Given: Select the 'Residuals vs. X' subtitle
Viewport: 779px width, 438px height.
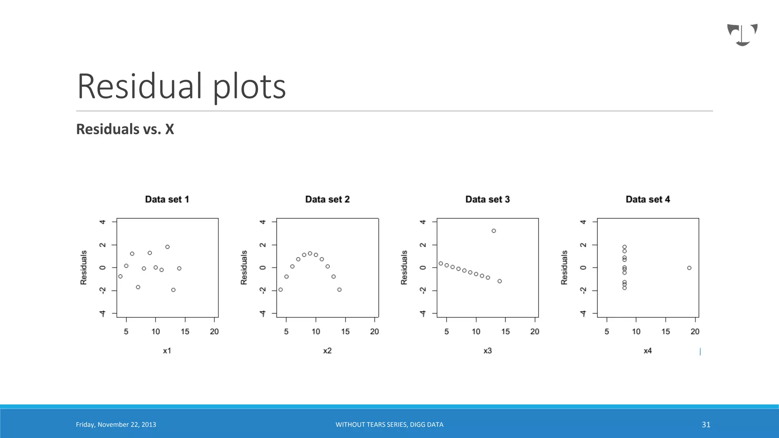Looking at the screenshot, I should tap(125, 129).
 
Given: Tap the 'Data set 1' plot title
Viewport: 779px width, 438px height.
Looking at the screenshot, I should tap(167, 199).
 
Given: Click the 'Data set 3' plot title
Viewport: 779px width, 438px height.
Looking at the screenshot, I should tap(487, 199).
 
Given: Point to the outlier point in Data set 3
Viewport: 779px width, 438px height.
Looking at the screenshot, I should tap(494, 231).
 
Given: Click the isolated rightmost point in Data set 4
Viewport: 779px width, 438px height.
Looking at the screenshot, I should tap(689, 268).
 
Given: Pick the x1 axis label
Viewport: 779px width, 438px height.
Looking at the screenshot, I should tap(167, 351).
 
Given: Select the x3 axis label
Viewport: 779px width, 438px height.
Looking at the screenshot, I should tap(487, 351).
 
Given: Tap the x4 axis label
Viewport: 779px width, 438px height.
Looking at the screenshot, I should tap(647, 351).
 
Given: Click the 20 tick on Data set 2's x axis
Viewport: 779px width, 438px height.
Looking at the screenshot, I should tap(374, 332).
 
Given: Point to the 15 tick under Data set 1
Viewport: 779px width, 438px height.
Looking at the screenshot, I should tap(185, 332).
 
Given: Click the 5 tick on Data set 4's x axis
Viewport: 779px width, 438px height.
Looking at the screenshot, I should tap(607, 332).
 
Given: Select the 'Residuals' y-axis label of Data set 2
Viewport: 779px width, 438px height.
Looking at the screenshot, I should tap(244, 267).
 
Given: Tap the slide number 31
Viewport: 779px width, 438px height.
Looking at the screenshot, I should tap(706, 425).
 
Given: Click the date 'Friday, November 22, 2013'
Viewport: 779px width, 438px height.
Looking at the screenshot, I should tap(116, 425).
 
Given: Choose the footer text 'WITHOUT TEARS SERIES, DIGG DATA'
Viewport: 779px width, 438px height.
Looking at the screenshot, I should tap(389, 425).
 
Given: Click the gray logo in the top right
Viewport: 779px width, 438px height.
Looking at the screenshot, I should tap(742, 35).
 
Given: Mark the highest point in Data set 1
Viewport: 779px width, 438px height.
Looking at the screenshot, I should tap(167, 247).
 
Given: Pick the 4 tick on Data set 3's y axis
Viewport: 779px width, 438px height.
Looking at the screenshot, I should tap(423, 222).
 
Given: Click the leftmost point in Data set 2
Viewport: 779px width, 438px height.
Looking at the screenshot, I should tap(281, 290).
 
